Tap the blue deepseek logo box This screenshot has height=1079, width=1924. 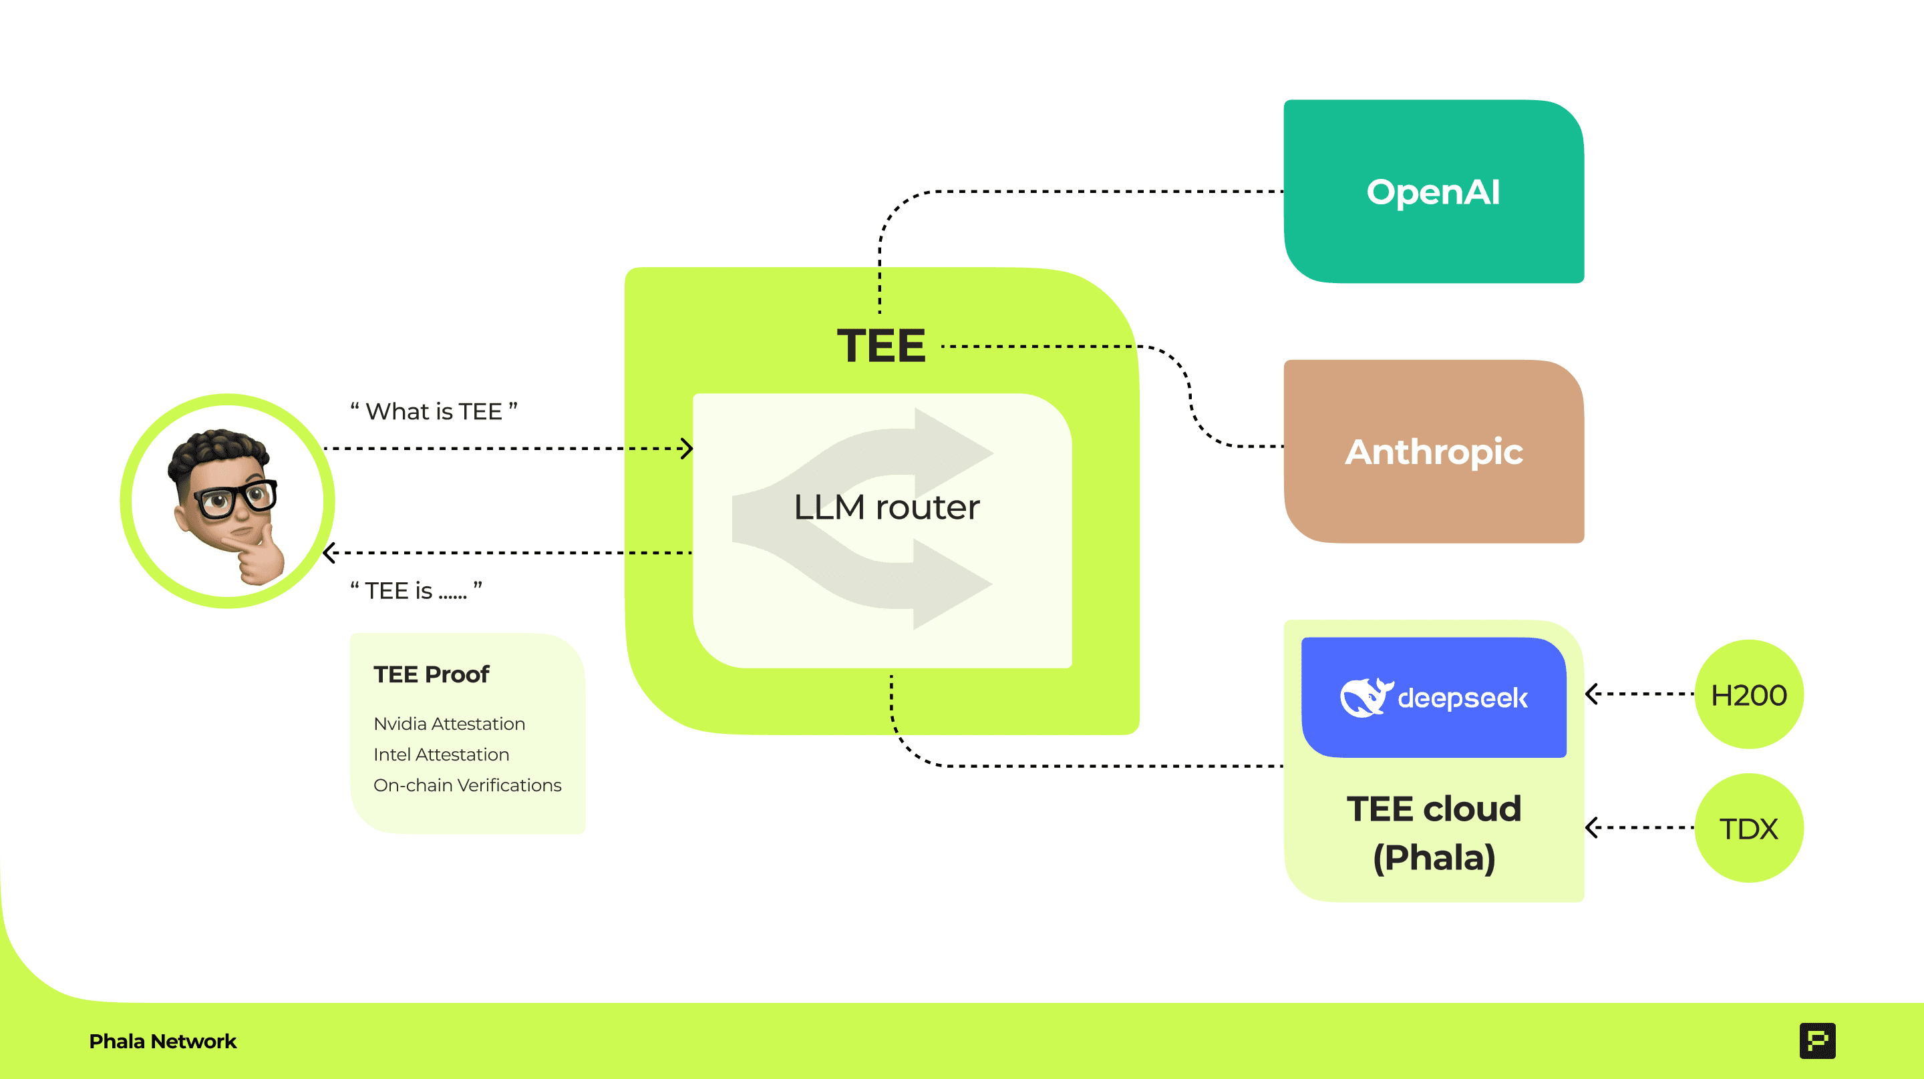tap(1433, 696)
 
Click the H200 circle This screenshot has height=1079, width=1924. tap(1748, 694)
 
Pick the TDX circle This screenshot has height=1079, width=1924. tap(1748, 828)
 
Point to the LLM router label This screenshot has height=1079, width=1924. tap(886, 507)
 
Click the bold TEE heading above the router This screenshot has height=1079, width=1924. tap(881, 346)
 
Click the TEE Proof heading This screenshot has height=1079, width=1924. tap(431, 674)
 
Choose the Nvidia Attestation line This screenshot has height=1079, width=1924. tap(449, 724)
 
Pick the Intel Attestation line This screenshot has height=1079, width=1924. tap(441, 754)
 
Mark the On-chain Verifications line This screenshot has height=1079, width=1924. tap(467, 785)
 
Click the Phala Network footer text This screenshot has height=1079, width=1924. tap(162, 1041)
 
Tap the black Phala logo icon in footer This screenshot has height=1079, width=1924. tap(1817, 1040)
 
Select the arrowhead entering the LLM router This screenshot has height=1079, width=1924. tap(686, 449)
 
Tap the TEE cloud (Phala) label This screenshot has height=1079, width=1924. tap(1433, 833)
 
